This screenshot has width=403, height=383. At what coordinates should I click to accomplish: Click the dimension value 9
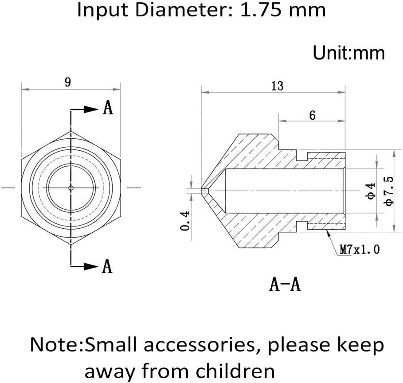[68, 82]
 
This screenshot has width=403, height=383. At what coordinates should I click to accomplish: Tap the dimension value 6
[312, 115]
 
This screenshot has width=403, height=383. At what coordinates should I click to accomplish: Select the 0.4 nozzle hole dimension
[186, 219]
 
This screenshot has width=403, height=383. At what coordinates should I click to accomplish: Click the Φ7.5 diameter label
[389, 191]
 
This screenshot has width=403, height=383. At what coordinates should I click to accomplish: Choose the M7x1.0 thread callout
[360, 250]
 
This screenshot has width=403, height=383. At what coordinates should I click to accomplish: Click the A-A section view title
[285, 284]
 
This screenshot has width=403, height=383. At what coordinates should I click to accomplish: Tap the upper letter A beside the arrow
[108, 108]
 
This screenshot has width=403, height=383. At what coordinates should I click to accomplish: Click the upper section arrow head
[92, 109]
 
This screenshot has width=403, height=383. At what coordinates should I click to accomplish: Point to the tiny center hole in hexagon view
[71, 188]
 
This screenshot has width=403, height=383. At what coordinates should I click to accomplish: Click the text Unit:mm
[348, 53]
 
